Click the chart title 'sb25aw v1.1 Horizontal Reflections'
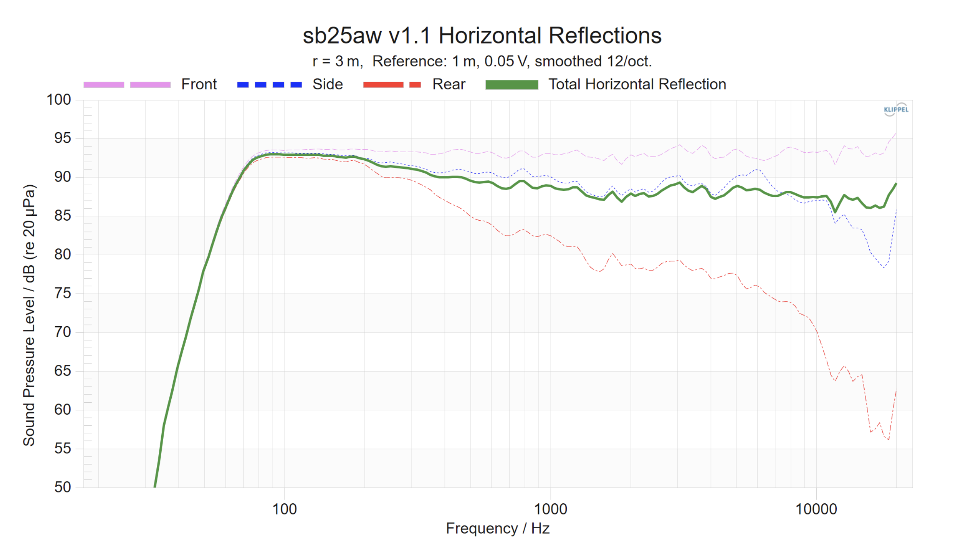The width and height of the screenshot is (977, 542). point(482,35)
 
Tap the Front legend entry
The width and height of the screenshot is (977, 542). point(199,84)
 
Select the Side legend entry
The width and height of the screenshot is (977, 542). point(327,84)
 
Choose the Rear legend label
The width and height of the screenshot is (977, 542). point(449,84)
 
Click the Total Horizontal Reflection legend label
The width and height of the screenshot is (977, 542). point(637,84)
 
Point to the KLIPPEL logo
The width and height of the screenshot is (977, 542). point(896,109)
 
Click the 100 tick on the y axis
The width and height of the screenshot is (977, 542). point(59,99)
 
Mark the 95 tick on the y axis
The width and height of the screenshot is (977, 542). point(62,138)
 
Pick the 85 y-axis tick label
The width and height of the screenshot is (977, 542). point(62,216)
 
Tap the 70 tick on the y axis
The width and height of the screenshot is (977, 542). point(62,332)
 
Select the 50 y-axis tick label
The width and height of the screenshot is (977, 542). point(62,487)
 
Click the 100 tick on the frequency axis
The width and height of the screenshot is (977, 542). point(285,509)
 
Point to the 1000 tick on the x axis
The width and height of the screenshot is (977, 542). point(551,509)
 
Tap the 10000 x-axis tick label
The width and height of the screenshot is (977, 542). point(816,509)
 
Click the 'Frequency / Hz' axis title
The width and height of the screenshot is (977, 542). point(497,528)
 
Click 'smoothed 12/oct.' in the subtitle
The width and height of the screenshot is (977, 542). point(593,61)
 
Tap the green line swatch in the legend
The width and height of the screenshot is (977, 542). point(511,85)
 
